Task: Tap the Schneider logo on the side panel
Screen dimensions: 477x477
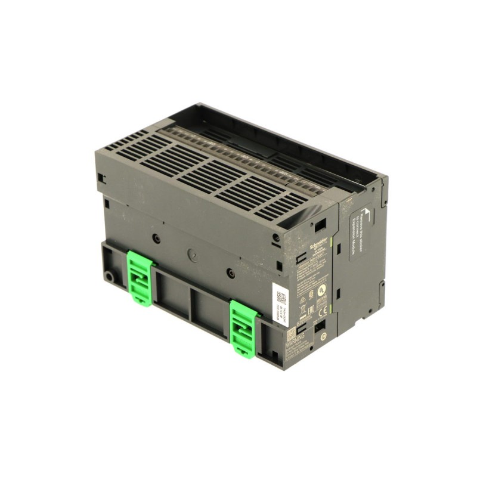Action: [318, 244]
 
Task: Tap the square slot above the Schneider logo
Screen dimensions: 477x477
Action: [321, 224]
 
